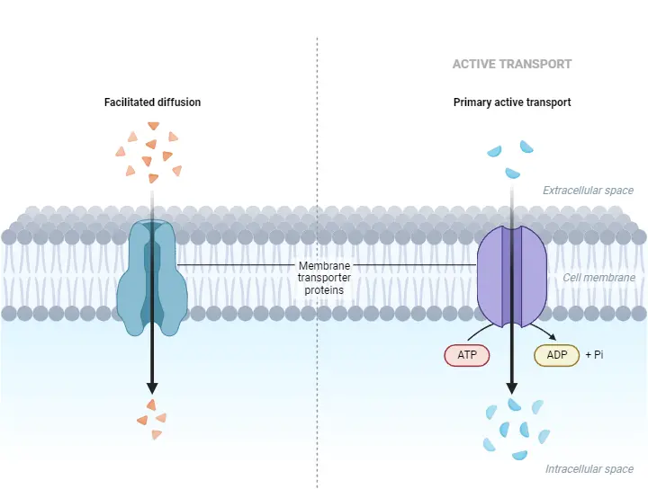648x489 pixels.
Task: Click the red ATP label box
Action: (466, 355)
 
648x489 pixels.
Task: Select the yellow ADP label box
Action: (557, 355)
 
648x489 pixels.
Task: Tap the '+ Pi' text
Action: (594, 355)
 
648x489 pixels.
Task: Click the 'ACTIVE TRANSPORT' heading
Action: (511, 65)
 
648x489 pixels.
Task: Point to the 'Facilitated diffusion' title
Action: (152, 102)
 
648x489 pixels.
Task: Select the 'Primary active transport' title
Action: (511, 102)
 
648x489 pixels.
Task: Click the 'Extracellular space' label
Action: (588, 191)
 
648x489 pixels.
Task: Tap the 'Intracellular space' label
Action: (589, 469)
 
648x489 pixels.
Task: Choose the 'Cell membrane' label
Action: (598, 278)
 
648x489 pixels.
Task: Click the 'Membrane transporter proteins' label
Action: (324, 278)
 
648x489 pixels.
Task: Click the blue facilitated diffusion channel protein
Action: (151, 279)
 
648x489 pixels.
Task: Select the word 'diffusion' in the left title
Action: (178, 102)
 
